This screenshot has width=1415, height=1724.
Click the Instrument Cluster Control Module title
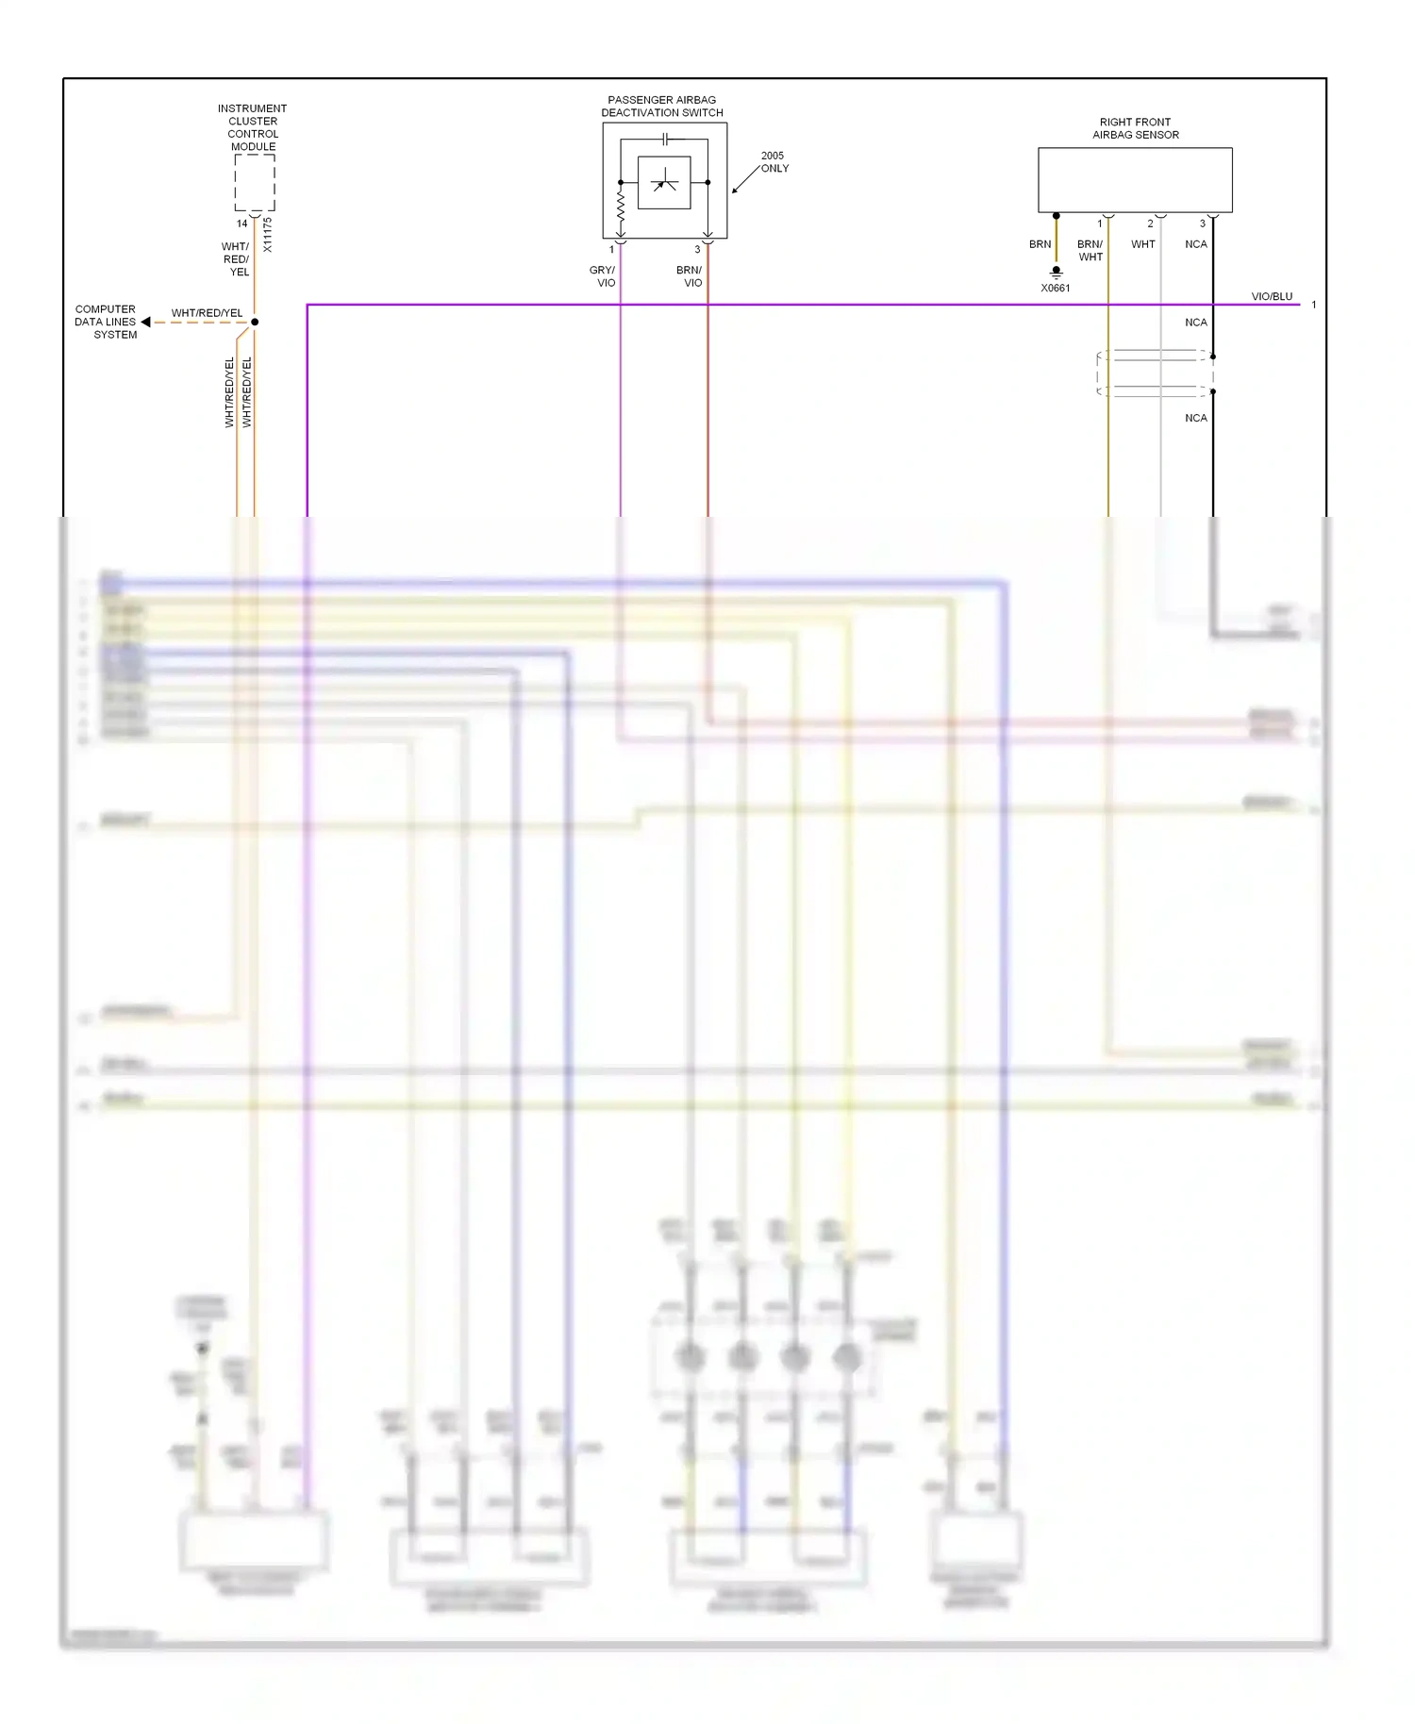(252, 127)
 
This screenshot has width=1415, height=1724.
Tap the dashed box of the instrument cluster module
(255, 182)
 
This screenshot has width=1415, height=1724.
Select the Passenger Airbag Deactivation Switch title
(662, 107)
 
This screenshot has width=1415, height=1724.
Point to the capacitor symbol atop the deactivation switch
(665, 140)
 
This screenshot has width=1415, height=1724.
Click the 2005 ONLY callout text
(774, 162)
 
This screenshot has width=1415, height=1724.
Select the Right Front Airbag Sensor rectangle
(1135, 180)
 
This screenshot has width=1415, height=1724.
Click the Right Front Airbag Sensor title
(1136, 128)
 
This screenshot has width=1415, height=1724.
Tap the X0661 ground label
(1056, 289)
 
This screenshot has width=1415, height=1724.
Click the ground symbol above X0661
(1057, 272)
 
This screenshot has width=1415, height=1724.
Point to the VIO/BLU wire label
(1272, 296)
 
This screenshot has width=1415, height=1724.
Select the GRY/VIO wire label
(603, 276)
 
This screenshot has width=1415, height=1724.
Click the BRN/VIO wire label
(690, 276)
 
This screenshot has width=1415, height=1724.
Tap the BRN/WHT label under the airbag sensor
(1090, 251)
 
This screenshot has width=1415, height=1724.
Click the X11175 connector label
(268, 235)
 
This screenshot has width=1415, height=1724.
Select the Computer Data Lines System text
(106, 322)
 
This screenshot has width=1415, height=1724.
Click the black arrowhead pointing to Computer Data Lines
(146, 323)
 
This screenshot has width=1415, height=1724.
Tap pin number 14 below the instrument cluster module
(242, 224)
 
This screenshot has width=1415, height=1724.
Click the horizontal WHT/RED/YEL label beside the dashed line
(207, 313)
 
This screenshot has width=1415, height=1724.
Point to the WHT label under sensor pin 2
(1143, 244)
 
